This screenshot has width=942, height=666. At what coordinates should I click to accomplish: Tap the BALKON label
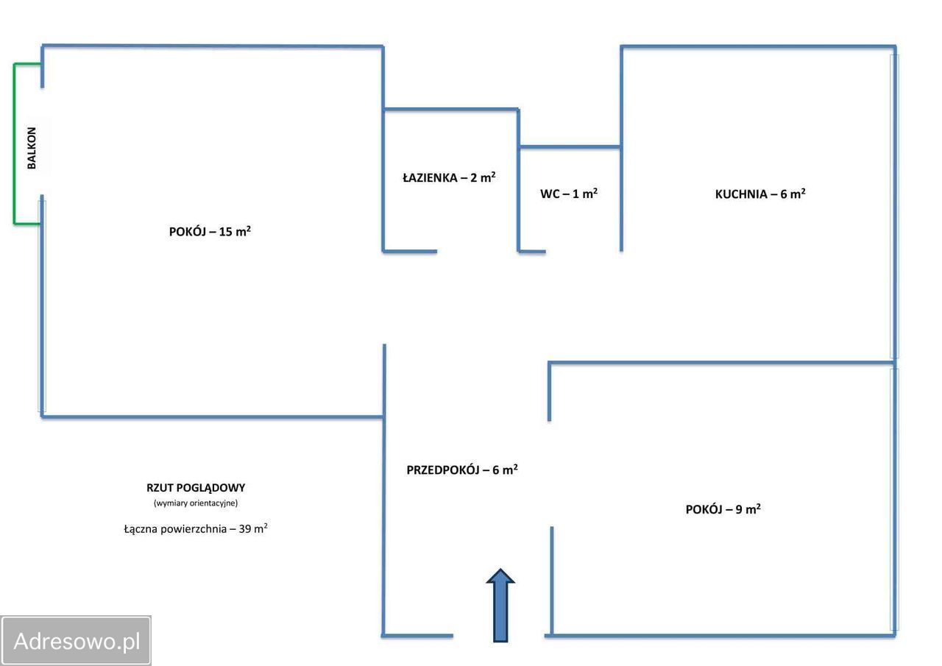tap(32, 148)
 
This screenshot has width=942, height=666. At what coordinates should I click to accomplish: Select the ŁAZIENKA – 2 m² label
tap(449, 177)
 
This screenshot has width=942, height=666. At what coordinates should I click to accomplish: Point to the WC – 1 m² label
tap(568, 194)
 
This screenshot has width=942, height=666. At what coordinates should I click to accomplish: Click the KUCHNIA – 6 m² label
tap(760, 194)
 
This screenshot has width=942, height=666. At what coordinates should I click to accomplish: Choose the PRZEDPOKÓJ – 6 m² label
tap(462, 470)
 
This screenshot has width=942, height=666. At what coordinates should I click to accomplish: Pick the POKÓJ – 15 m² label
tap(210, 231)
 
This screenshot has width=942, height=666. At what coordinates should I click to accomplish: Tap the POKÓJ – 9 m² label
tap(723, 509)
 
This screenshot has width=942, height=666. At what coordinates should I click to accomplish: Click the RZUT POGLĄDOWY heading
tap(196, 487)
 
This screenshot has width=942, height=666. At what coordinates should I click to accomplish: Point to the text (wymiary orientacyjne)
tap(196, 503)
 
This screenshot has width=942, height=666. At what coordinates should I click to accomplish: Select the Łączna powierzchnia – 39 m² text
tap(196, 528)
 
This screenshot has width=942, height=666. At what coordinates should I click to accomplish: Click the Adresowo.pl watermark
tap(77, 641)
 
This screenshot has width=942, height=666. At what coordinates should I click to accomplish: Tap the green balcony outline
tap(14, 144)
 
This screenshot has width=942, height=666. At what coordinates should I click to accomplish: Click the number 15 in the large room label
tap(226, 232)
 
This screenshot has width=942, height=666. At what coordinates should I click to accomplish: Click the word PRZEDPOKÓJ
tap(442, 470)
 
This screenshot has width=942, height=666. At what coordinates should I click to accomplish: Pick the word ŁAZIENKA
tap(430, 177)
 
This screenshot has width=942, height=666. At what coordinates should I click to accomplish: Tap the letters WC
tap(550, 194)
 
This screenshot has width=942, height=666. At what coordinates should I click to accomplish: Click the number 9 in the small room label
tap(739, 509)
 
